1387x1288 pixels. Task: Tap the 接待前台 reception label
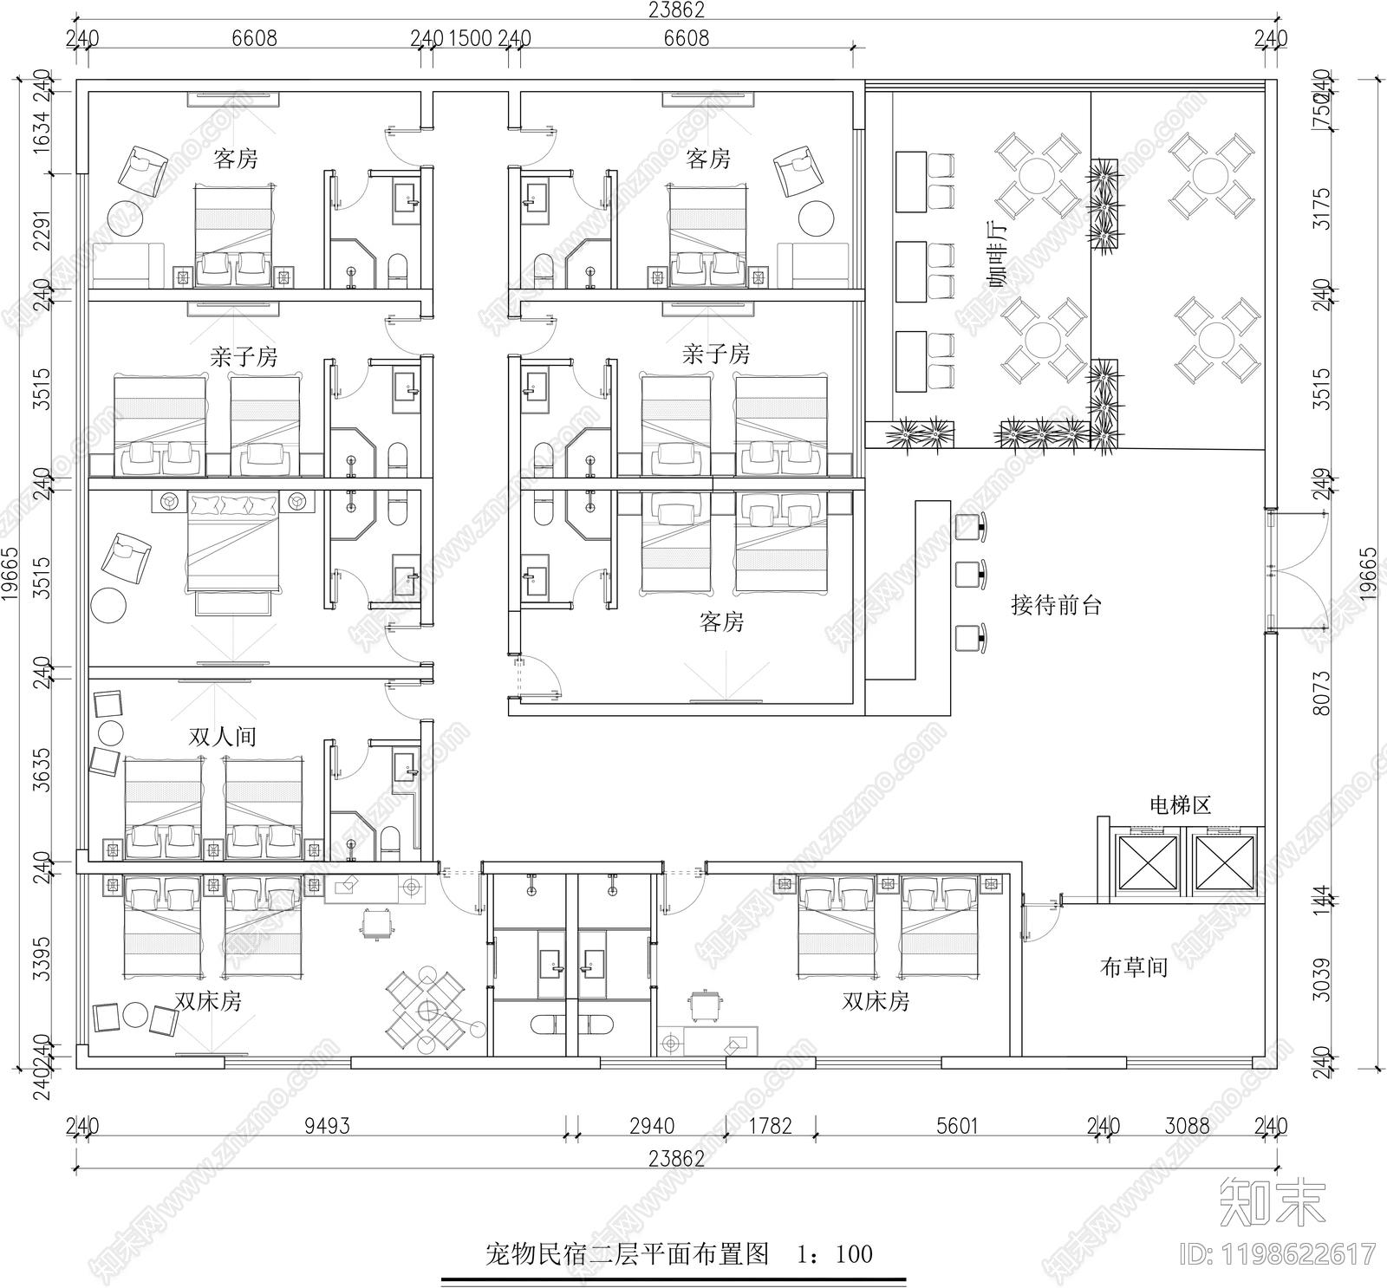[1055, 606]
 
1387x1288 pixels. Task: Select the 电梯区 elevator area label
[1180, 805]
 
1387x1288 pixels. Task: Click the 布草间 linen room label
[1133, 967]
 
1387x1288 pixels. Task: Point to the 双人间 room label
[223, 737]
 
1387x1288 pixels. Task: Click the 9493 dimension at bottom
[327, 1126]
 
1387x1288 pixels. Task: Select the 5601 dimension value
[957, 1126]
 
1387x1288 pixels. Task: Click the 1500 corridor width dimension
[472, 38]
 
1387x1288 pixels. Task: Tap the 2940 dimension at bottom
[652, 1126]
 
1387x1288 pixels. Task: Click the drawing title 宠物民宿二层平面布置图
[627, 1254]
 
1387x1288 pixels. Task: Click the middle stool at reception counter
[969, 574]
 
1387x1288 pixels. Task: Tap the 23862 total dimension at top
[676, 10]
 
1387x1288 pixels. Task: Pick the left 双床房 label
[208, 1002]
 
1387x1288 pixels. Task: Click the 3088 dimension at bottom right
[1187, 1126]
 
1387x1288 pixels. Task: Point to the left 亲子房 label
[244, 357]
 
